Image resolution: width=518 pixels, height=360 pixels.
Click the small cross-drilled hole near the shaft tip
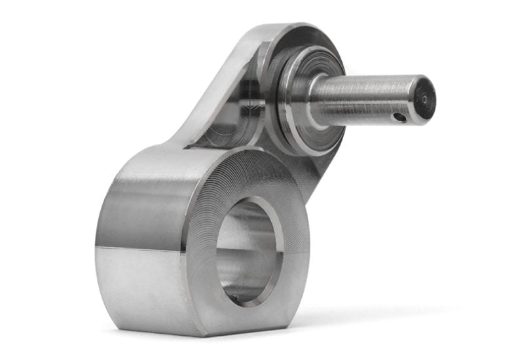coord(398,117)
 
